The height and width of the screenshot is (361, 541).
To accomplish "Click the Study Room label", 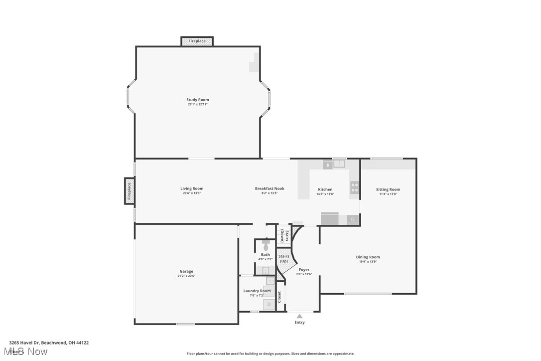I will pos(198,100).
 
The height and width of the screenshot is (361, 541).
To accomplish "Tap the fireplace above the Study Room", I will pos(197,41).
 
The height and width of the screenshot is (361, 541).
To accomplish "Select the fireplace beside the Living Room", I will pos(129,191).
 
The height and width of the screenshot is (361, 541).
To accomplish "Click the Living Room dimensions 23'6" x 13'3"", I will pos(192,193).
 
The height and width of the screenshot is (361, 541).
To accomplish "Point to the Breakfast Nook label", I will pos(270,188).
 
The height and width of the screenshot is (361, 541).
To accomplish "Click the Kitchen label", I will pos(325,189).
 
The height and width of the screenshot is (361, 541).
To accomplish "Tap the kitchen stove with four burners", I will pos(355,187).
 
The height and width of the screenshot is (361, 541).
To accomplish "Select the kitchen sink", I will pos(339,163).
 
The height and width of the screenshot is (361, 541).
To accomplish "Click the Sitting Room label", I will pos(388,189).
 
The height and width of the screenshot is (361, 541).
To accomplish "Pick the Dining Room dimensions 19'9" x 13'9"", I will pos(368,261).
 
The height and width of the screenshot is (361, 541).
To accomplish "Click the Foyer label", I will pos(304,270).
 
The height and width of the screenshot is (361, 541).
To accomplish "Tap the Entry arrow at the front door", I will pos(299,316).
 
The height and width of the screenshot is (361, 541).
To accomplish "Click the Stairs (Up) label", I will pos(283,259).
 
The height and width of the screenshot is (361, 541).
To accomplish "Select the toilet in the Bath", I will pos(266,245).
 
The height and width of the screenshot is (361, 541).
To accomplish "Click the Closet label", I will pos(279,297).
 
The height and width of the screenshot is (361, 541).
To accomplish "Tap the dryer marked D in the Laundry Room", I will pos(269,304).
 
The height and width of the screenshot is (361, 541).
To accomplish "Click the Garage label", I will pos(186,272).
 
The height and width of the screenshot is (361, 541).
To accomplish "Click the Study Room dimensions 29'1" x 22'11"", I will pos(198,104).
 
